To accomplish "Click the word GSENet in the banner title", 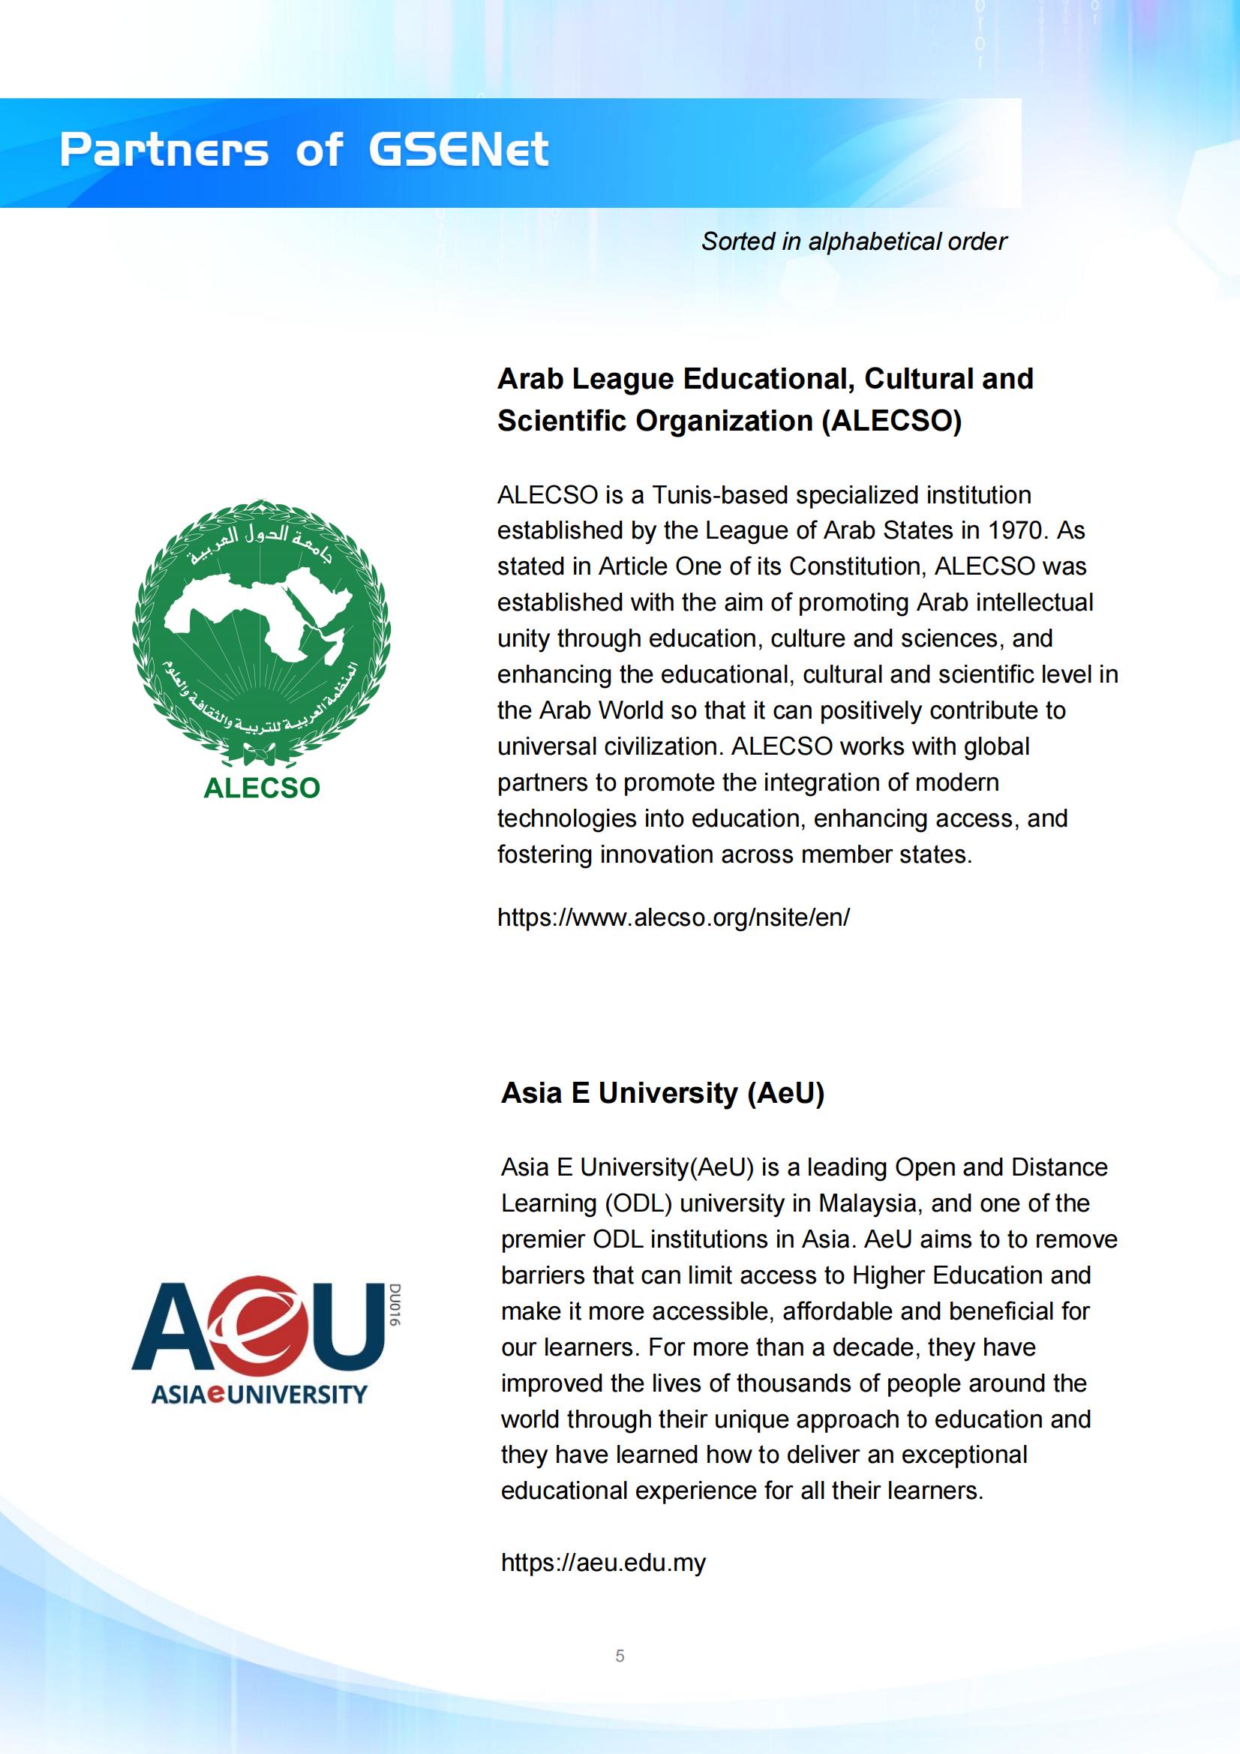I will pos(458,150).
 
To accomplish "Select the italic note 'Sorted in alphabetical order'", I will pos(854,242).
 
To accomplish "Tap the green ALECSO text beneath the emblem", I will pos(261,788).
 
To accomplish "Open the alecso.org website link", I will pos(673,917).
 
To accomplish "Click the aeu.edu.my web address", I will pos(603,1562).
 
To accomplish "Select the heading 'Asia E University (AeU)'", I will pos(662,1093).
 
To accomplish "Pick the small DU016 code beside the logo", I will pos(395,1305).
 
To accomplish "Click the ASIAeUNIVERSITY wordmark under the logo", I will pos(259,1394).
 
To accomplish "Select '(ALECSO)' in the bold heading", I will pos(891,421).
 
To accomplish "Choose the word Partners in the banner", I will pos(164,150).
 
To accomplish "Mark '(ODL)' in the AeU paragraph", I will pos(638,1203).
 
